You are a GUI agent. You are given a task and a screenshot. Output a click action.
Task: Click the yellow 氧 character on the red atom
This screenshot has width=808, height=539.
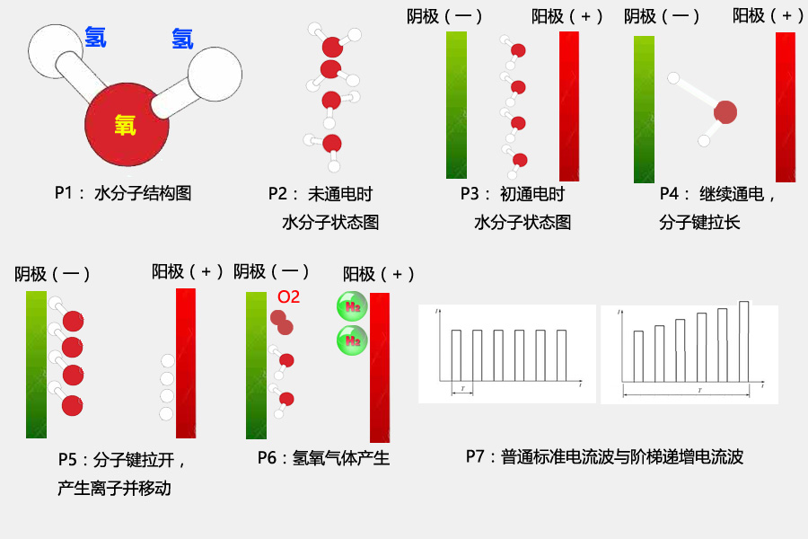pyautogui.click(x=125, y=126)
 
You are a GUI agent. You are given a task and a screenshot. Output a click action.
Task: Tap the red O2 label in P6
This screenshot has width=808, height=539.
pyautogui.click(x=288, y=297)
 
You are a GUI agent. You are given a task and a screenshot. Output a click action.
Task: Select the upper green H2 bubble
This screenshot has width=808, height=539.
pyautogui.click(x=352, y=307)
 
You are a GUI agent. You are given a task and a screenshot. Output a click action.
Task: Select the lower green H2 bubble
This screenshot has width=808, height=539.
pyautogui.click(x=352, y=340)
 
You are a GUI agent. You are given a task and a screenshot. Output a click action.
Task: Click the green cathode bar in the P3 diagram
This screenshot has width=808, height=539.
pyautogui.click(x=456, y=105)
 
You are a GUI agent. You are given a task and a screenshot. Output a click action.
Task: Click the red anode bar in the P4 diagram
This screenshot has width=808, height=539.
pyautogui.click(x=786, y=107)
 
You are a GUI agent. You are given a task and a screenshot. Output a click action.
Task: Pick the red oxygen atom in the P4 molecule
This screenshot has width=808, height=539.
pyautogui.click(x=725, y=112)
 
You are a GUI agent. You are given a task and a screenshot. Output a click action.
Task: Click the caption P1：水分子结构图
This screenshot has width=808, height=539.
pyautogui.click(x=123, y=192)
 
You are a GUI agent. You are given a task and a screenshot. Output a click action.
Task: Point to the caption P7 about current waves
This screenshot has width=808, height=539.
pyautogui.click(x=604, y=456)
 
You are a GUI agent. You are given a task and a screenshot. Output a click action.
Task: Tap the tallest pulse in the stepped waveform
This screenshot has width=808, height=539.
pyautogui.click(x=743, y=340)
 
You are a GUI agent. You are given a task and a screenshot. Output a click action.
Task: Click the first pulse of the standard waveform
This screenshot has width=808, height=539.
pyautogui.click(x=456, y=355)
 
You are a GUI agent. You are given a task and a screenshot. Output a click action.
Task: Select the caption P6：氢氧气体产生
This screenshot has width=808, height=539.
pyautogui.click(x=323, y=458)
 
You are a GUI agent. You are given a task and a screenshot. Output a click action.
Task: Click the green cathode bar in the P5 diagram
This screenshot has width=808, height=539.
pyautogui.click(x=36, y=364)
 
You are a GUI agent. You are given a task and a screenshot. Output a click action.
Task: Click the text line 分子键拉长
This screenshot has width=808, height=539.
pyautogui.click(x=699, y=222)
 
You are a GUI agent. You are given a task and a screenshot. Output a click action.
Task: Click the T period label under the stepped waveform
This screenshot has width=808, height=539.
pyautogui.click(x=698, y=390)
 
